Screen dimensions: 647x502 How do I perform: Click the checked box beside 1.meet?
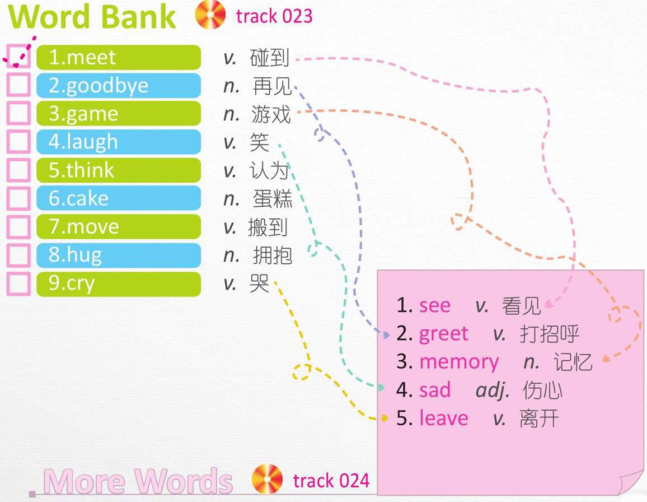(18, 57)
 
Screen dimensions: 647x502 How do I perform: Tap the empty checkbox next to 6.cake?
(18, 198)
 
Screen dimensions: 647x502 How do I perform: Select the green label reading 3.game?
(119, 114)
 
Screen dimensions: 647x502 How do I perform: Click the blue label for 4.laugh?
(119, 142)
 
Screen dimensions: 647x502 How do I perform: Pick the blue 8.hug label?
(119, 255)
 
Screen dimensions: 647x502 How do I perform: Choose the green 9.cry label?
(119, 283)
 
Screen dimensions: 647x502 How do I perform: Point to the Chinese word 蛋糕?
(273, 199)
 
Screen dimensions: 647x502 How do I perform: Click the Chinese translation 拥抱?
(273, 255)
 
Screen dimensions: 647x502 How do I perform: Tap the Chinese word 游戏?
(271, 114)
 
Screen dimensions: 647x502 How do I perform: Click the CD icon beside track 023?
(210, 15)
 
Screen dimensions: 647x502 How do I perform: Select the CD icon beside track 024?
(268, 479)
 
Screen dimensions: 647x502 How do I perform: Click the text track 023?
(274, 16)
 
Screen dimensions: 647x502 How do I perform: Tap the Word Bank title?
(92, 16)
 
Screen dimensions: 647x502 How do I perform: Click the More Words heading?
(138, 481)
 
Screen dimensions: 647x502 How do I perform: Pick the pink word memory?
(459, 362)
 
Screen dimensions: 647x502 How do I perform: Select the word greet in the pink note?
(444, 334)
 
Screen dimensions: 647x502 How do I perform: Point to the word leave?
(444, 418)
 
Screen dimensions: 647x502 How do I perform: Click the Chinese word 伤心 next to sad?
(542, 390)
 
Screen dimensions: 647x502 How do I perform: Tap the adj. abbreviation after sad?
(493, 391)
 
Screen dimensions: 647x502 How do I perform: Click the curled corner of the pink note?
(631, 482)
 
